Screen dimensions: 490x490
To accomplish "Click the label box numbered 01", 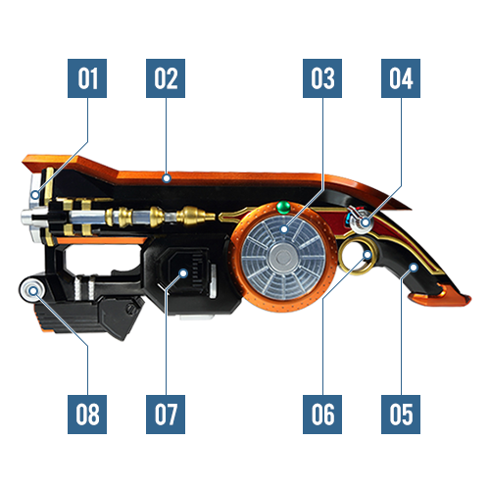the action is point(87,78).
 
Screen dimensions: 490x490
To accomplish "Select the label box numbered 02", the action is point(166,78).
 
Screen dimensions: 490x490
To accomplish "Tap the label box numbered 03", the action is point(322,78).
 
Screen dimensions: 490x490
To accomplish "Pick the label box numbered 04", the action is point(401,78).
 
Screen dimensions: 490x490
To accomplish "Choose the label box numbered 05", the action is point(401,415).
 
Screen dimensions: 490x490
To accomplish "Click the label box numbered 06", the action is point(322,415).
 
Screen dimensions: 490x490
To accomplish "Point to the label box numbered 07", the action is point(166,415).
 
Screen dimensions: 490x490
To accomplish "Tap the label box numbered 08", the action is point(87,415).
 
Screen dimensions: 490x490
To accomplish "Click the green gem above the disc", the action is point(283,207).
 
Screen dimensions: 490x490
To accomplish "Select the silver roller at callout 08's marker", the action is point(33,290).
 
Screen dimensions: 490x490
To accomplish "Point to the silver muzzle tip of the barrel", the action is point(26,217).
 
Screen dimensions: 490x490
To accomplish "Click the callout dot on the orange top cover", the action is point(167,178).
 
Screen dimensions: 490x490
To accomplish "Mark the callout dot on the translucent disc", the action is point(284,229).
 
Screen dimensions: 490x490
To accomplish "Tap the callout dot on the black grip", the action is point(414,268).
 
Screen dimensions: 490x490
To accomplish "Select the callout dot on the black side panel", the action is point(184,273).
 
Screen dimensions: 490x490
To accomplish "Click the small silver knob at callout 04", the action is point(362,223).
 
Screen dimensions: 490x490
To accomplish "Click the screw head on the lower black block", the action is point(132,308).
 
